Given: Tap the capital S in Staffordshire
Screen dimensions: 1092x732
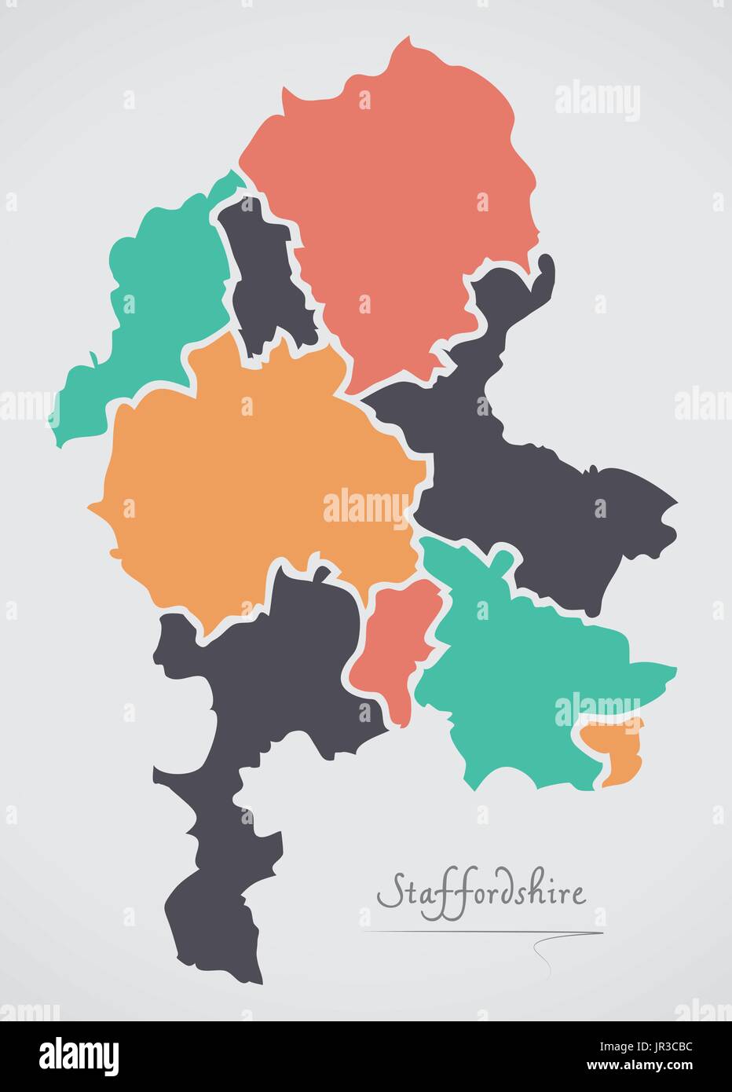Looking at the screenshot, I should [387, 894].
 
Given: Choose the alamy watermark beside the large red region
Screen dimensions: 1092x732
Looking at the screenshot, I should [597, 101].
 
